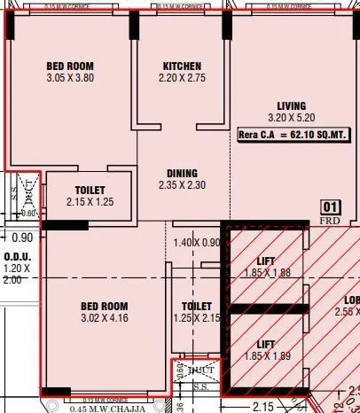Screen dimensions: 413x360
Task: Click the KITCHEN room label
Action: click(182, 66)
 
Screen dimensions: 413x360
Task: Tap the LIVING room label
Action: click(290, 105)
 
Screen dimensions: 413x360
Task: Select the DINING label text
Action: click(182, 174)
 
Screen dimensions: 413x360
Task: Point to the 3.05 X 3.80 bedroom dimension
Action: click(69, 78)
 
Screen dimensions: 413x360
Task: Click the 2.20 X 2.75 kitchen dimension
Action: click(182, 79)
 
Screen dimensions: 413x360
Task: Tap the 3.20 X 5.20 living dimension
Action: click(290, 117)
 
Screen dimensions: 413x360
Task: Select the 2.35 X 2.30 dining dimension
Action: click(182, 186)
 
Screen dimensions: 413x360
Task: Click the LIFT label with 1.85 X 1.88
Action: click(265, 261)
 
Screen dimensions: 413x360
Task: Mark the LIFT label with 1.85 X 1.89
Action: click(265, 343)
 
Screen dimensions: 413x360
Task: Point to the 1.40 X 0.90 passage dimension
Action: click(195, 243)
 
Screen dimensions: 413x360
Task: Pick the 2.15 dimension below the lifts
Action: click(263, 406)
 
